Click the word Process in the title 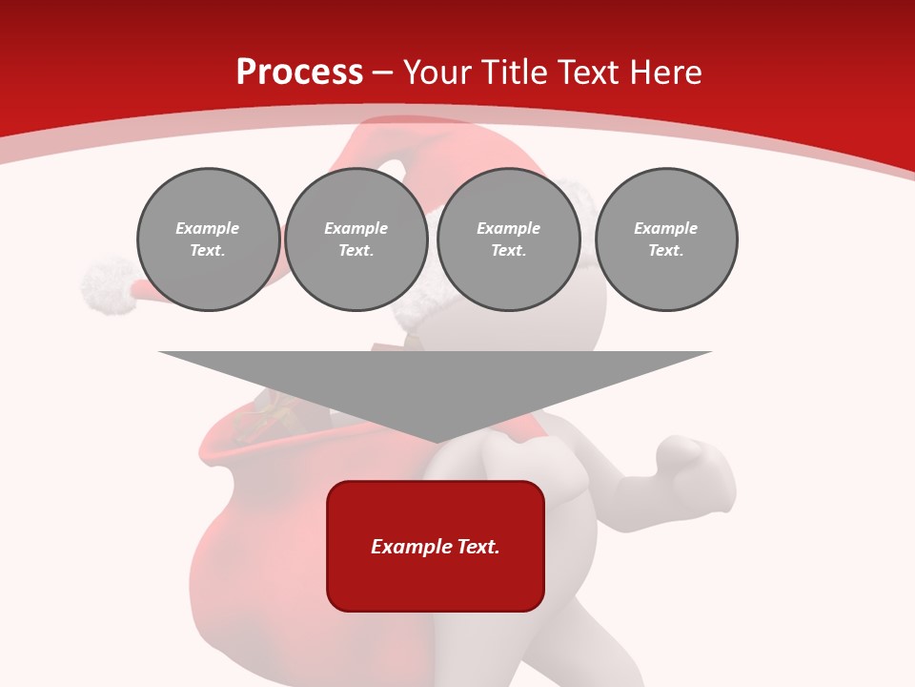point(299,73)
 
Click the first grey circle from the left point(209,239)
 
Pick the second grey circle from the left point(356,239)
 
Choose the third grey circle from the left point(509,239)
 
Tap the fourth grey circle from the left point(666,239)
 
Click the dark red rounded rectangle point(436,546)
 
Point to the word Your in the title point(440,73)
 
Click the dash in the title point(383,73)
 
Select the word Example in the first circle point(208,228)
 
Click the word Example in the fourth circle point(666,228)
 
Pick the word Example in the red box point(402,547)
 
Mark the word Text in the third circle point(508,251)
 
